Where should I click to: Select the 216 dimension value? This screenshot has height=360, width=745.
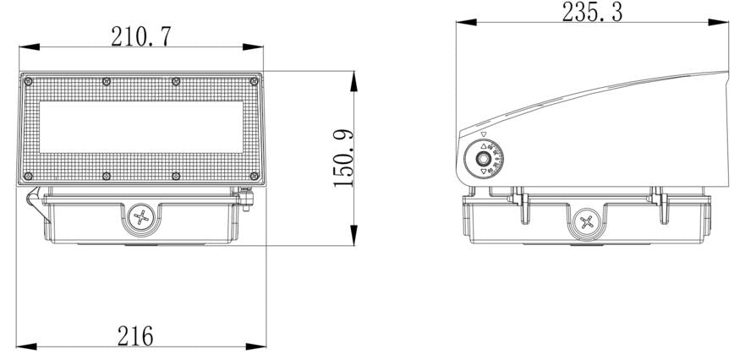[x=135, y=335]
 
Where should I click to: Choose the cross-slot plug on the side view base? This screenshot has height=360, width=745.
[x=586, y=223]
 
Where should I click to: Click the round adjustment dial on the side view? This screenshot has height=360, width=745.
[x=483, y=159]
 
